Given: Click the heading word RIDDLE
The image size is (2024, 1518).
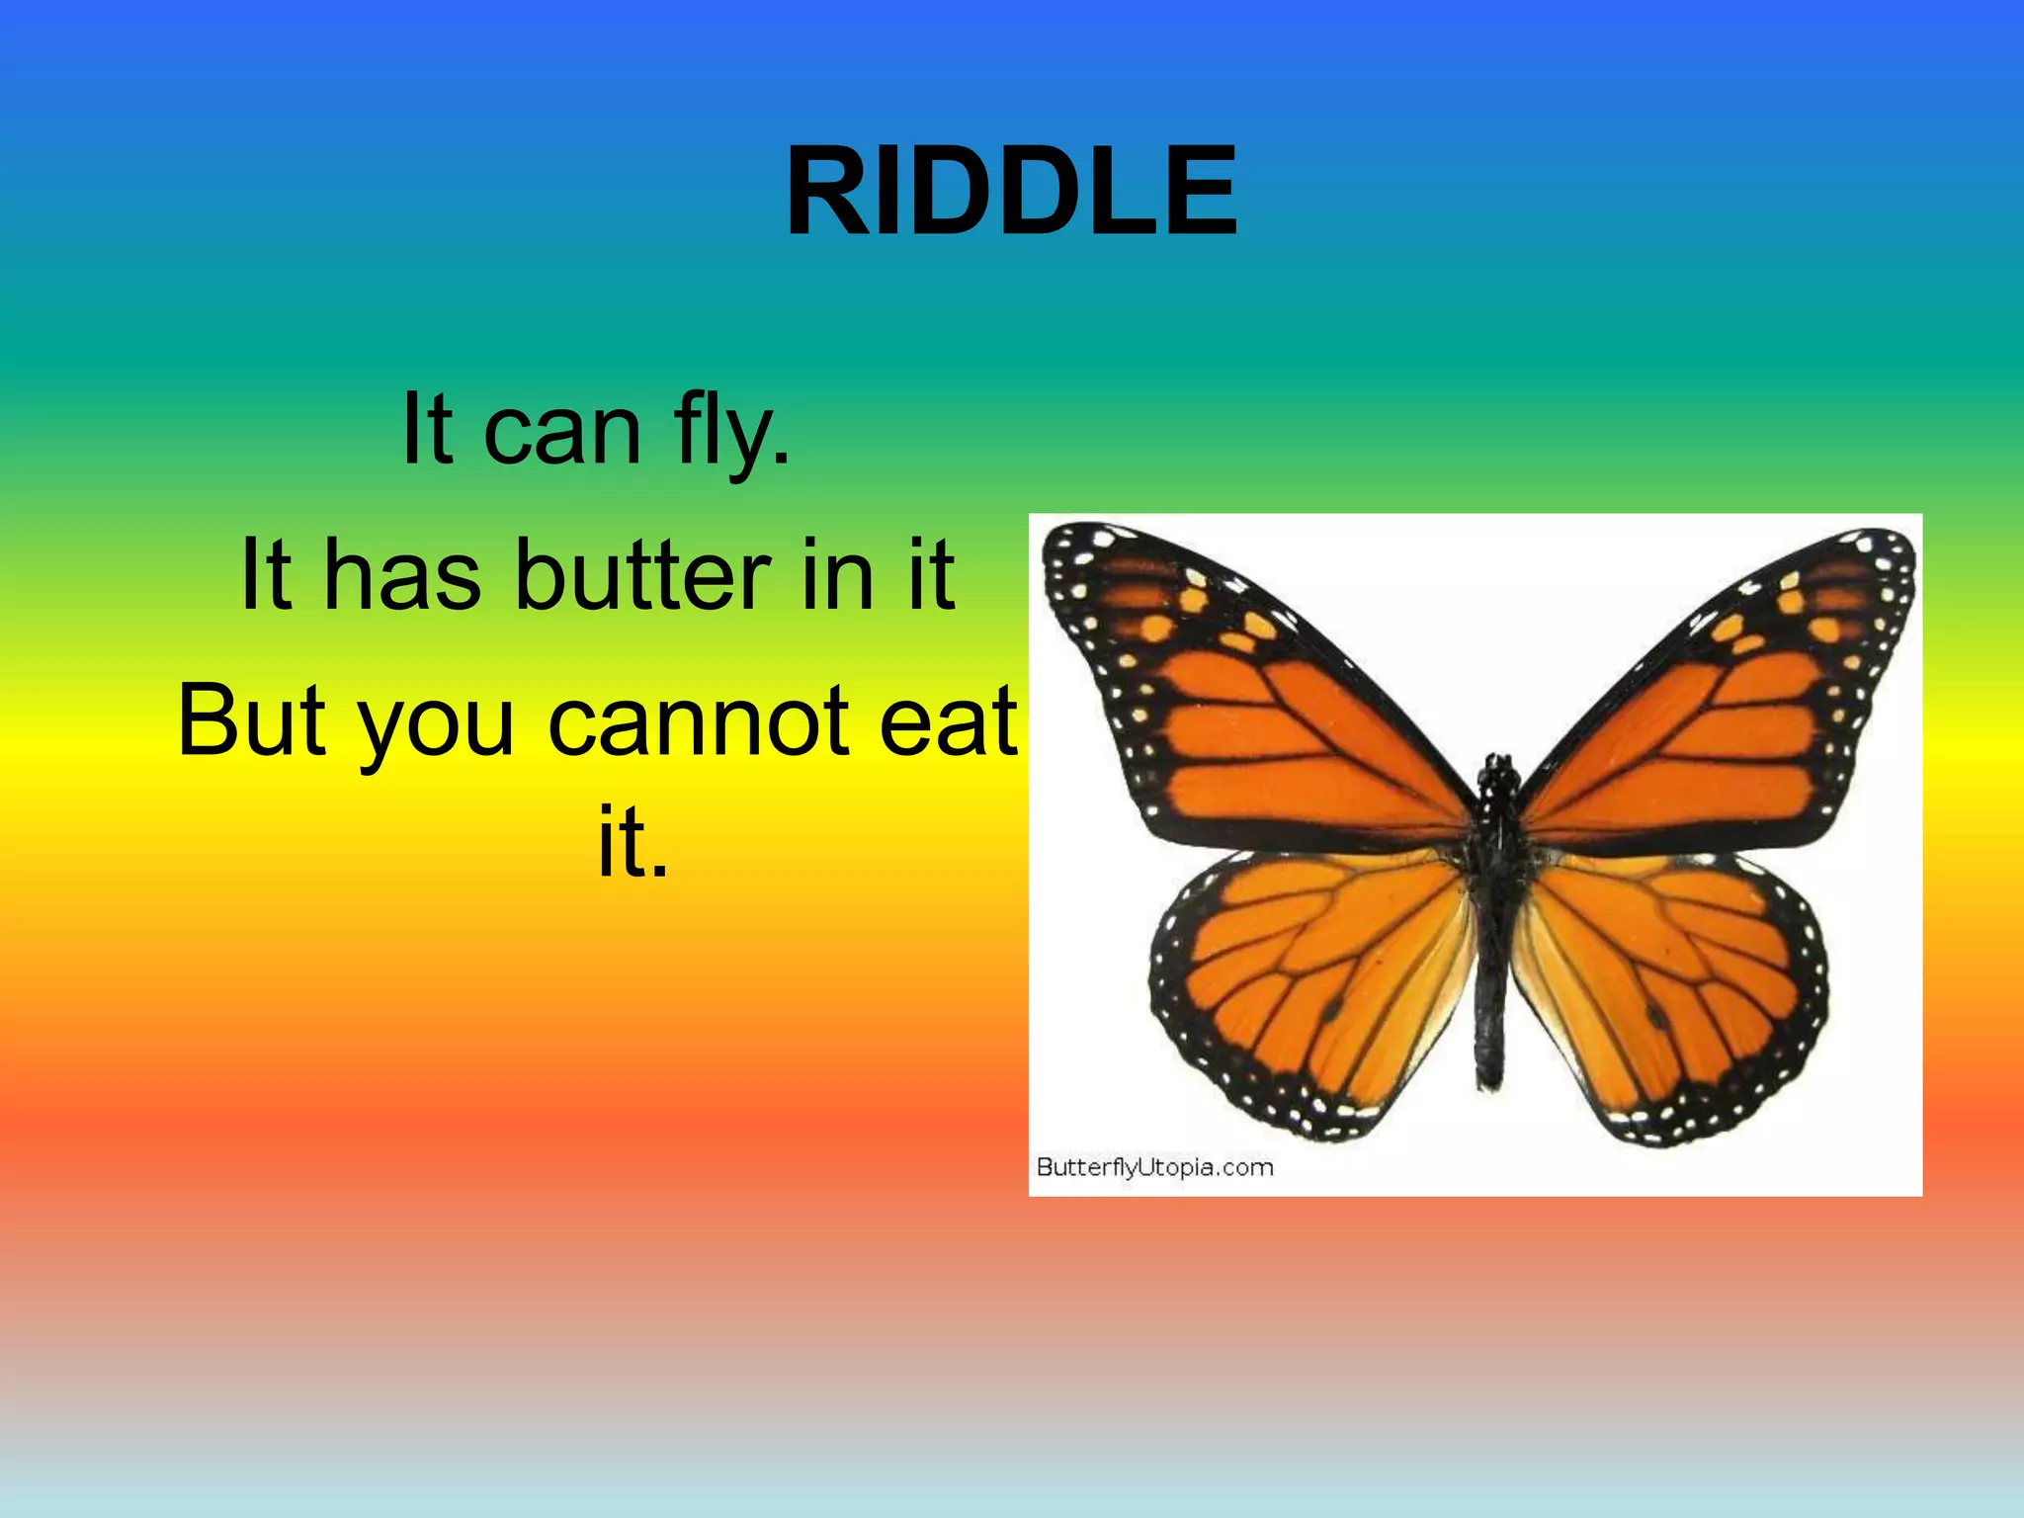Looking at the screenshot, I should (x=1011, y=191).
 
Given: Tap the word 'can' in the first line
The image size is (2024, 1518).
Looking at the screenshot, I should (x=562, y=434).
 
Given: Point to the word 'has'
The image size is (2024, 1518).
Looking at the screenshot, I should (x=402, y=575).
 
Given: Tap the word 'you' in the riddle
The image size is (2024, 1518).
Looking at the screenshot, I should (x=435, y=727).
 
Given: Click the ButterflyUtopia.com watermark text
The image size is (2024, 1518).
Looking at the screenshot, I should (x=1154, y=1167).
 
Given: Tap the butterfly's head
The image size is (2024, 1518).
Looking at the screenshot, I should (x=1499, y=768).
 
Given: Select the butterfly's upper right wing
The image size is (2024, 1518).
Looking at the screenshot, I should (x=1720, y=712).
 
